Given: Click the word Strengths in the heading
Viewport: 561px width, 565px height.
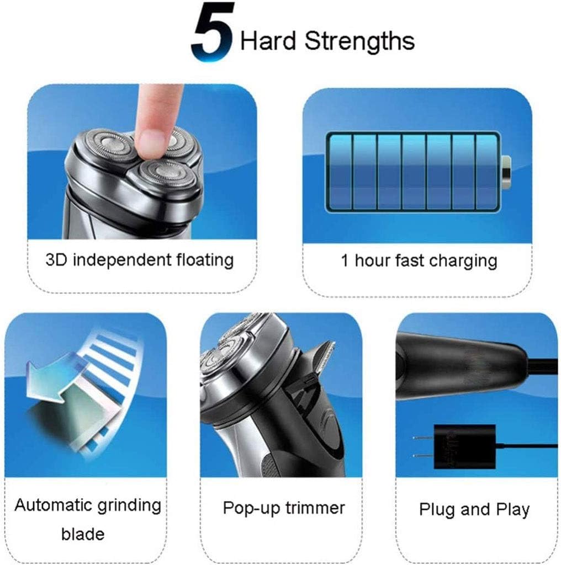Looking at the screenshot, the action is coord(359,41).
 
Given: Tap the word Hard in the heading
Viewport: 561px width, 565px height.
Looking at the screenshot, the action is coord(268,40).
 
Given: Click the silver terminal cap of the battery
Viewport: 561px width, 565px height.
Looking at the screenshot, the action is coord(506,173).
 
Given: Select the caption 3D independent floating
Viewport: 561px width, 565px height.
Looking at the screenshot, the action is coord(140,260).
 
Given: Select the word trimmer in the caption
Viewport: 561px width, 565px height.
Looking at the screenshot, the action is coord(315,508).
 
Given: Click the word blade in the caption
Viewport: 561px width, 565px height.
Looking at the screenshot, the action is coord(83,534).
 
